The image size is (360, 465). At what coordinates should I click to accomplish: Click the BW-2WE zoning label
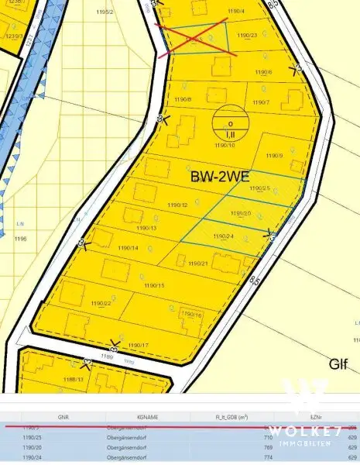click(219, 177)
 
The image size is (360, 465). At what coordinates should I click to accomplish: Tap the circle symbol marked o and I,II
click(230, 121)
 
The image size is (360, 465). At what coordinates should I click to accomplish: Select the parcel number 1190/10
click(225, 145)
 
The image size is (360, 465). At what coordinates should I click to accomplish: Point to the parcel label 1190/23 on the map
click(247, 36)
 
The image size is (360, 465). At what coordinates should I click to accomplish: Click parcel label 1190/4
click(236, 10)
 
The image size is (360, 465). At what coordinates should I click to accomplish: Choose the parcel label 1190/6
click(263, 73)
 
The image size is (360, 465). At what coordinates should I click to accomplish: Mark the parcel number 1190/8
click(183, 100)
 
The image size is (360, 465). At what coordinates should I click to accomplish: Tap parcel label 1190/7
click(260, 102)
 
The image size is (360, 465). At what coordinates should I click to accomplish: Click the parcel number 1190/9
click(275, 156)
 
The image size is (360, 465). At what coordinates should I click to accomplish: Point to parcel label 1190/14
click(128, 248)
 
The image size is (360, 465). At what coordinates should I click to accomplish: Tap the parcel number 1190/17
click(138, 345)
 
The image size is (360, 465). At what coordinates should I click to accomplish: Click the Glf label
click(338, 363)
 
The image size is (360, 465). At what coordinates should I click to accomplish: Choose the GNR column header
click(63, 416)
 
